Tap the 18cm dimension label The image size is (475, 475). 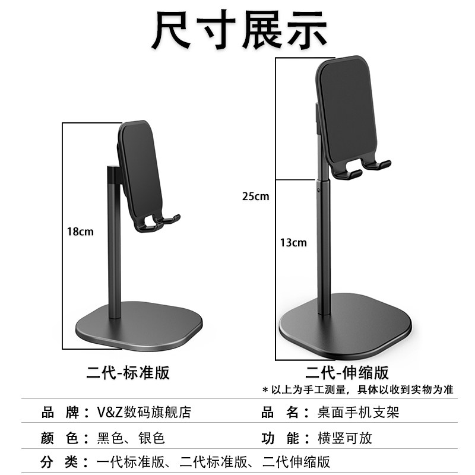click(80, 232)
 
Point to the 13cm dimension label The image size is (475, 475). click(294, 242)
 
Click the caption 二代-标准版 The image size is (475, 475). click(128, 372)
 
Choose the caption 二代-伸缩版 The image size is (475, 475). click(347, 372)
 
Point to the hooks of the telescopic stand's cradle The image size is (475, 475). click(362, 169)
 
